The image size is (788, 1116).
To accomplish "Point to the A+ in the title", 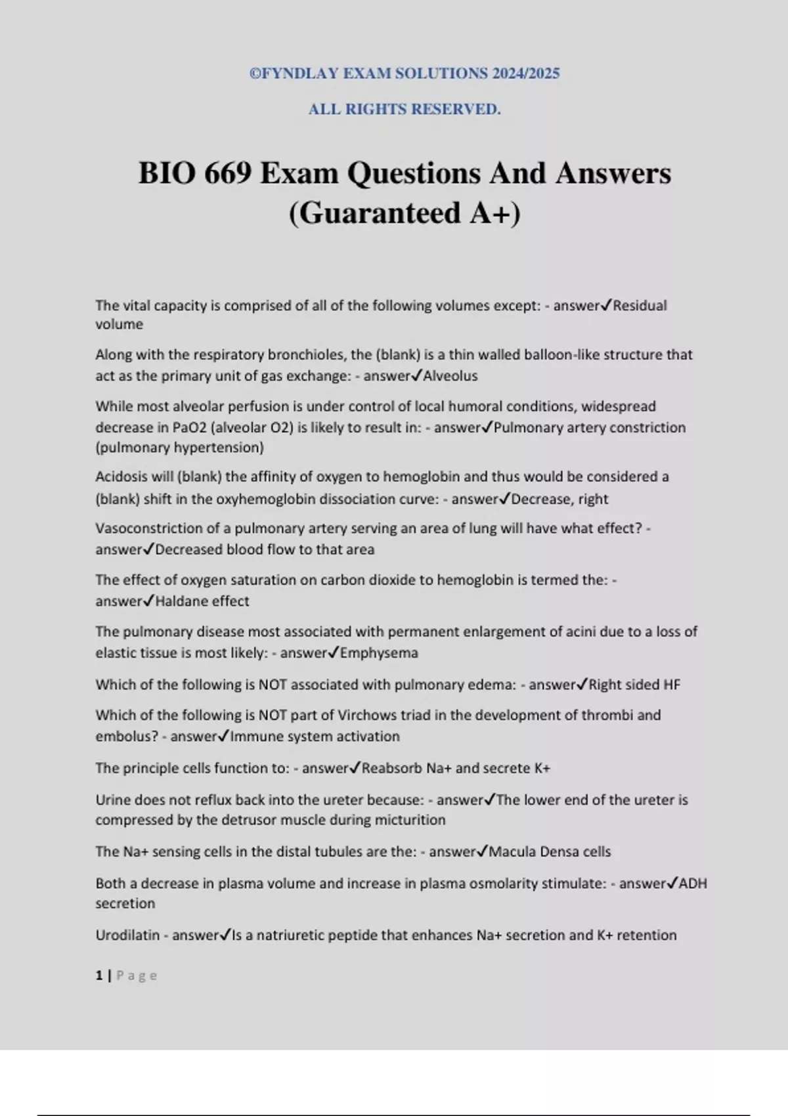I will point(490,213).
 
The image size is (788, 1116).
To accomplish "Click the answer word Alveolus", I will point(450,376).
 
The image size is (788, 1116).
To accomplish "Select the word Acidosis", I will point(122,477).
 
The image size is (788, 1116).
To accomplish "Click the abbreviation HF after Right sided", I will point(671,685).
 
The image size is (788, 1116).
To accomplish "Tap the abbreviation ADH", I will point(693,884).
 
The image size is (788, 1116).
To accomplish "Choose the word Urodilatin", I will point(127,935).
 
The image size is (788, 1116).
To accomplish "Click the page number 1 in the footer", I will point(99,976).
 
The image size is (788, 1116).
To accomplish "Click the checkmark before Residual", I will point(607,305).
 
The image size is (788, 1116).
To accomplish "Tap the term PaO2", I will point(190,427).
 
